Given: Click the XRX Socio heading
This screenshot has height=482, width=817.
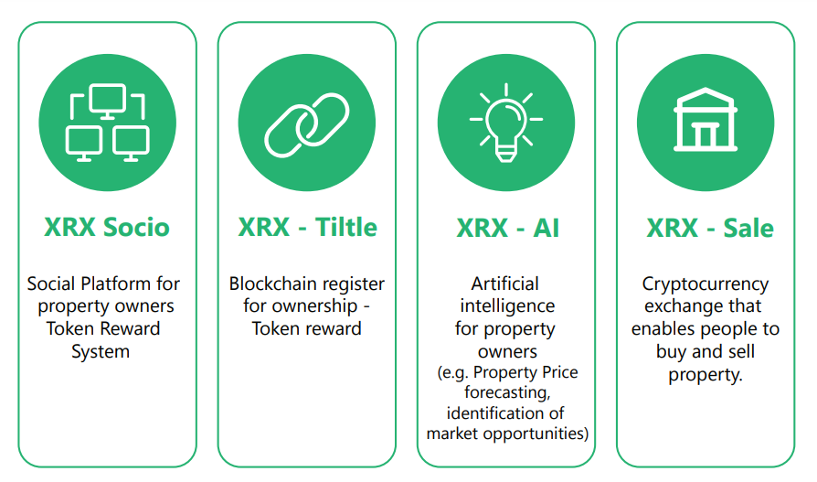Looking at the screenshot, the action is click(x=107, y=228).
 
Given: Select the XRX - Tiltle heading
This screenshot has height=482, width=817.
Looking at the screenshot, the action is click(x=307, y=228).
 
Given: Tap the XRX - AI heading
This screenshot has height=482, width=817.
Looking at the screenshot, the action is click(x=507, y=228).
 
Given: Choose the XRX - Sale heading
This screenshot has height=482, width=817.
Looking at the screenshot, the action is click(x=710, y=228).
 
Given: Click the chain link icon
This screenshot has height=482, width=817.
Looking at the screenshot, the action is click(x=307, y=125).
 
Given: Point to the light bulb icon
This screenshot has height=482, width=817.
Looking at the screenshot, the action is click(x=506, y=123).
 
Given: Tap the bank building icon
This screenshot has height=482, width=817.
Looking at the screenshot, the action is click(x=706, y=120).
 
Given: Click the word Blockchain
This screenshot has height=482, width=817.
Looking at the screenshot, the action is click(x=273, y=284).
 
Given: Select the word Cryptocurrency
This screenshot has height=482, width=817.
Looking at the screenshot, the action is click(x=706, y=284).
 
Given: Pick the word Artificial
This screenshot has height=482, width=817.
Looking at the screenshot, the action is click(x=504, y=284).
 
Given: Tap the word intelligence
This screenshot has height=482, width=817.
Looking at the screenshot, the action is click(x=507, y=306).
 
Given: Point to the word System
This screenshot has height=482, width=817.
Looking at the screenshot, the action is click(x=101, y=352).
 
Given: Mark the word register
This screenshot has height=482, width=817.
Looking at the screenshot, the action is click(x=354, y=284).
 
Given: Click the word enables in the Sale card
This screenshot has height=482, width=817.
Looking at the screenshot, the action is click(x=662, y=328).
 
